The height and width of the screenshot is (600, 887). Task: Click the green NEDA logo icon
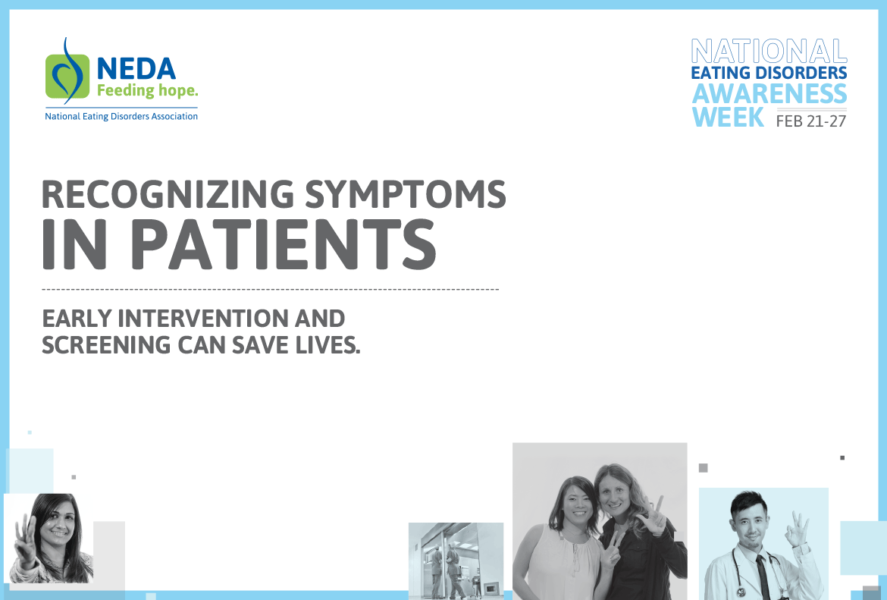tap(67, 74)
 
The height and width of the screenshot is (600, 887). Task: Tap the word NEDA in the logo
tap(136, 69)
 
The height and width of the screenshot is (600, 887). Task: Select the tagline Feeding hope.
tap(147, 90)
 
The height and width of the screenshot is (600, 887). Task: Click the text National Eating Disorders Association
tap(121, 116)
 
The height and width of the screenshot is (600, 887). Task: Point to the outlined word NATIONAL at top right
tap(769, 52)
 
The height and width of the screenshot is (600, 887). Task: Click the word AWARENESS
tap(769, 93)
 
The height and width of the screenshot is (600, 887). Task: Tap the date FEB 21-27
tap(810, 121)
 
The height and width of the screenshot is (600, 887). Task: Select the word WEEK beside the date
tap(728, 117)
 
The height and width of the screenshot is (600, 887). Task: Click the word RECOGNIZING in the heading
tap(168, 194)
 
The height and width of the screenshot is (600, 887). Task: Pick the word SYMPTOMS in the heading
tap(406, 194)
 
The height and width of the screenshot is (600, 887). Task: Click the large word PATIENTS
tap(284, 244)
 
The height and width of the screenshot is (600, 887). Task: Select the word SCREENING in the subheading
tap(106, 345)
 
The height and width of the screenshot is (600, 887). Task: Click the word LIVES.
tap(328, 345)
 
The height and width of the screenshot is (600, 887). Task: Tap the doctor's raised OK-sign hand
tap(798, 529)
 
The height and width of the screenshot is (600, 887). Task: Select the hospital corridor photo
tap(456, 561)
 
